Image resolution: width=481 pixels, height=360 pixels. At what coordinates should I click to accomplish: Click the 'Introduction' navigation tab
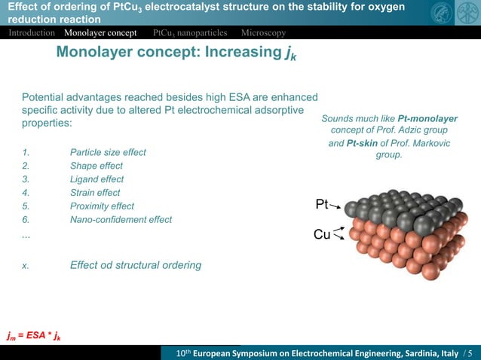pyautogui.click(x=32, y=33)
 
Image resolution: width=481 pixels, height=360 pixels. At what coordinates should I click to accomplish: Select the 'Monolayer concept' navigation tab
pyautogui.click(x=100, y=33)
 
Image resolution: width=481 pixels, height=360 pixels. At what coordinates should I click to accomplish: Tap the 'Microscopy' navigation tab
pyautogui.click(x=263, y=33)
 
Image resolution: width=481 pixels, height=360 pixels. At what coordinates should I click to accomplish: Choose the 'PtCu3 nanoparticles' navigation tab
pyautogui.click(x=190, y=33)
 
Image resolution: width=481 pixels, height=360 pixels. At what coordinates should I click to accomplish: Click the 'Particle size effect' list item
pyautogui.click(x=108, y=152)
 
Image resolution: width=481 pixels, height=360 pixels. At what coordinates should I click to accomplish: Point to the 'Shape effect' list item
pyautogui.click(x=96, y=166)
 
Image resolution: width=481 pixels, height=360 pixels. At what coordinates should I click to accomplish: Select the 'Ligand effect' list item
pyautogui.click(x=97, y=179)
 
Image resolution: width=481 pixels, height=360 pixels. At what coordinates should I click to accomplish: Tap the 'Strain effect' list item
pyautogui.click(x=95, y=193)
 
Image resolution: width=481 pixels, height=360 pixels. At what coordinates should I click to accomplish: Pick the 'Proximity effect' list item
pyautogui.click(x=102, y=206)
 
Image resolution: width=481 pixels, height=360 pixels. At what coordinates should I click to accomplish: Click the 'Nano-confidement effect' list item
pyautogui.click(x=121, y=220)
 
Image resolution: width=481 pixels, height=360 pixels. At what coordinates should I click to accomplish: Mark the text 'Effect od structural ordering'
pyautogui.click(x=136, y=265)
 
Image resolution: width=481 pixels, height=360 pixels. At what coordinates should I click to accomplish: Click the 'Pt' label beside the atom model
pyautogui.click(x=322, y=204)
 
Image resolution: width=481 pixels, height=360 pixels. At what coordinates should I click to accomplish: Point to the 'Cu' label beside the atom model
pyautogui.click(x=321, y=235)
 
